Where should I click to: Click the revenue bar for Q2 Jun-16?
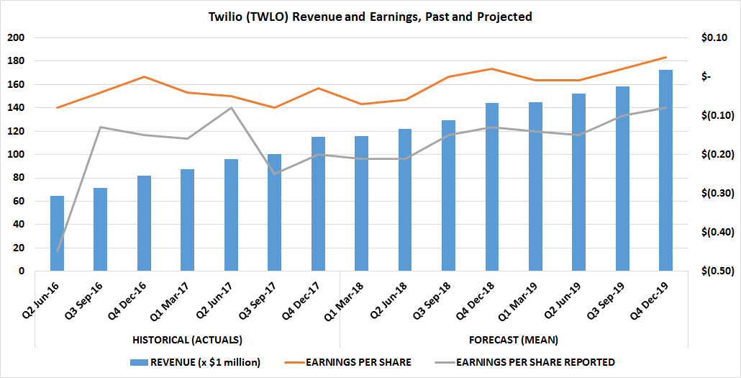pyautogui.click(x=57, y=233)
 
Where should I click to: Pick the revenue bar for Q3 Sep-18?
pyautogui.click(x=448, y=196)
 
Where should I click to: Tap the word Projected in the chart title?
pyautogui.click(x=504, y=16)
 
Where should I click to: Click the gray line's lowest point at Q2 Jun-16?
pyautogui.click(x=57, y=252)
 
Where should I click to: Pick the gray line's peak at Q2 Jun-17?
pyautogui.click(x=231, y=108)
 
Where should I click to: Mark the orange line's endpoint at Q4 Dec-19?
pyautogui.click(x=665, y=58)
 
